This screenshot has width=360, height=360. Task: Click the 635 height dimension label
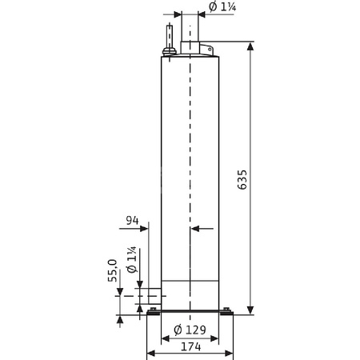tap(242, 180)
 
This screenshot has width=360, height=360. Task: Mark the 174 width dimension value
tap(190, 349)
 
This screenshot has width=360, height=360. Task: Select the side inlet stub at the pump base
tap(150, 297)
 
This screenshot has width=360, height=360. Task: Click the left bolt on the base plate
tap(153, 311)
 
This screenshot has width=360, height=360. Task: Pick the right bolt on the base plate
tap(227, 311)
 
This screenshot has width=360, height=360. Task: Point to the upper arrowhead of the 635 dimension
tap(251, 47)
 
